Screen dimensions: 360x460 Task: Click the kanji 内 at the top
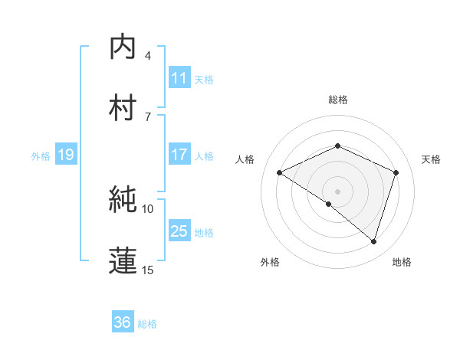[123, 47]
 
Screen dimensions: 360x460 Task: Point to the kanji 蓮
[123, 260]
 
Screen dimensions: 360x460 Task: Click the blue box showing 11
[179, 78]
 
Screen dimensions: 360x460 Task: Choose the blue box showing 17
[179, 155]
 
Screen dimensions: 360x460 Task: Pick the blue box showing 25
[179, 231]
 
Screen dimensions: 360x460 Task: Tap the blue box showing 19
[65, 155]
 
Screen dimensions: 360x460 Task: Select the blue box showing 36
[123, 322]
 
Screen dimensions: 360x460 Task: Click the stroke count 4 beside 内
[148, 56]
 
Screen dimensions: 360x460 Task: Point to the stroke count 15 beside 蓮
[148, 270]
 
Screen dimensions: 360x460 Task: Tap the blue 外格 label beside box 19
[41, 155]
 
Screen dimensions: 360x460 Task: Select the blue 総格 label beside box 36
[147, 323]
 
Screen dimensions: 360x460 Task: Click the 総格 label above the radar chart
[337, 100]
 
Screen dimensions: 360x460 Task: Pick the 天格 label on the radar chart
[432, 159]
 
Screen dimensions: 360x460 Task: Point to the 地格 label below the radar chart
[402, 262]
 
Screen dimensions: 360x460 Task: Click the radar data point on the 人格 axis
[280, 173]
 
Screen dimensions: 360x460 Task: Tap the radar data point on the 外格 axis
[329, 205]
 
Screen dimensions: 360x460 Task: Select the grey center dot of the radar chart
[337, 191]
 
